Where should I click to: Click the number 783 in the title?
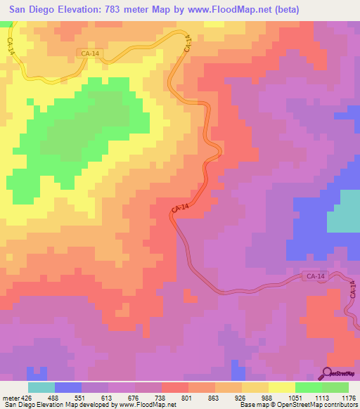131,10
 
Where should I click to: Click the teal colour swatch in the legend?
41,387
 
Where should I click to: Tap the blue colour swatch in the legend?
68,387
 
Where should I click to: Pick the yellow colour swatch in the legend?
281,387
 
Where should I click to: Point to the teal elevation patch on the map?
344,211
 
